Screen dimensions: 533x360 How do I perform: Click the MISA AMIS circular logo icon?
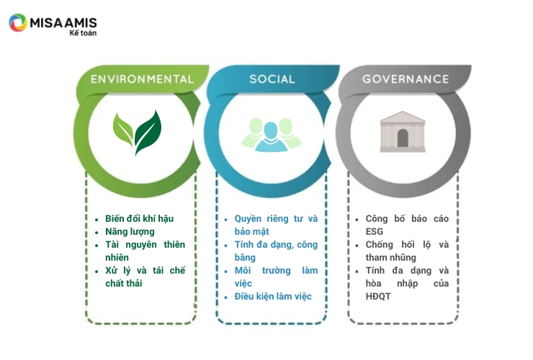pyautogui.click(x=18, y=23)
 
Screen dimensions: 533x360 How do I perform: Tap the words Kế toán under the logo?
pyautogui.click(x=83, y=33)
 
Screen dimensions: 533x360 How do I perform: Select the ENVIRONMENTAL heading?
pyautogui.click(x=142, y=79)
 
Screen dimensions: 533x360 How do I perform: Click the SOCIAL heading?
pyautogui.click(x=272, y=79)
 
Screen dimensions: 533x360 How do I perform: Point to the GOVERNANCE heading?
pyautogui.click(x=406, y=79)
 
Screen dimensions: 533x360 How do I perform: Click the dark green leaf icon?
pyautogui.click(x=148, y=132)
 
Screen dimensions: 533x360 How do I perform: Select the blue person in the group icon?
pyautogui.click(x=271, y=137)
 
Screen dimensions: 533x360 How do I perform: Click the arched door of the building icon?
pyautogui.click(x=403, y=138)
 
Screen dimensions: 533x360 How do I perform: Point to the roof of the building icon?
pyautogui.click(x=403, y=117)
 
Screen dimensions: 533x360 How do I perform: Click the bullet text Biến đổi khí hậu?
pyautogui.click(x=139, y=219)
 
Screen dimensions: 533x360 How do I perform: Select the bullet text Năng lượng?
pyautogui.click(x=130, y=232)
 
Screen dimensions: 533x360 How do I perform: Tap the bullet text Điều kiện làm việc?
pyautogui.click(x=273, y=297)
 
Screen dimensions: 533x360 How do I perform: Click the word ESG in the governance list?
pyautogui.click(x=375, y=232)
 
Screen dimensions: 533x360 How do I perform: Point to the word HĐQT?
pyautogui.click(x=378, y=297)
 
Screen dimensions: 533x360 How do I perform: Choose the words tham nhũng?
pyautogui.click(x=391, y=258)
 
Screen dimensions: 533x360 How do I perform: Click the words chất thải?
pyautogui.click(x=124, y=284)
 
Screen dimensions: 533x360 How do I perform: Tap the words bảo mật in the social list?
pyautogui.click(x=252, y=232)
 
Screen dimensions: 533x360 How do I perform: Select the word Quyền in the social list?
pyautogui.click(x=248, y=219)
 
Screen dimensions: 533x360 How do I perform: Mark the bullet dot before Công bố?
pyautogui.click(x=357, y=220)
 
